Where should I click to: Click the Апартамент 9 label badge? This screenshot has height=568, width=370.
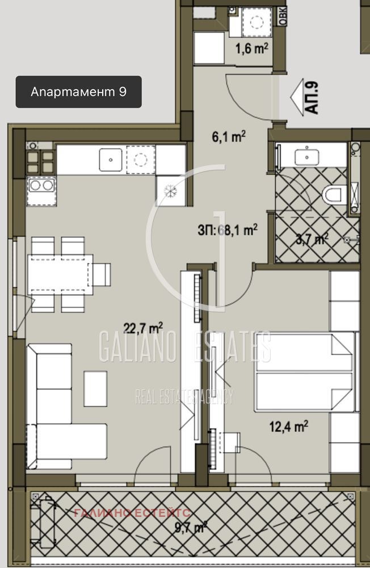(78, 92)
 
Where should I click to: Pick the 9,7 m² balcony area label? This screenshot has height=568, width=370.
(191, 528)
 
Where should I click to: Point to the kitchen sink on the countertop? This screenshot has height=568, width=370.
(111, 159)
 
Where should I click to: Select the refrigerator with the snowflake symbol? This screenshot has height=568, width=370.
(171, 190)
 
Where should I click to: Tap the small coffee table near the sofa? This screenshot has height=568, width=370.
(95, 388)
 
